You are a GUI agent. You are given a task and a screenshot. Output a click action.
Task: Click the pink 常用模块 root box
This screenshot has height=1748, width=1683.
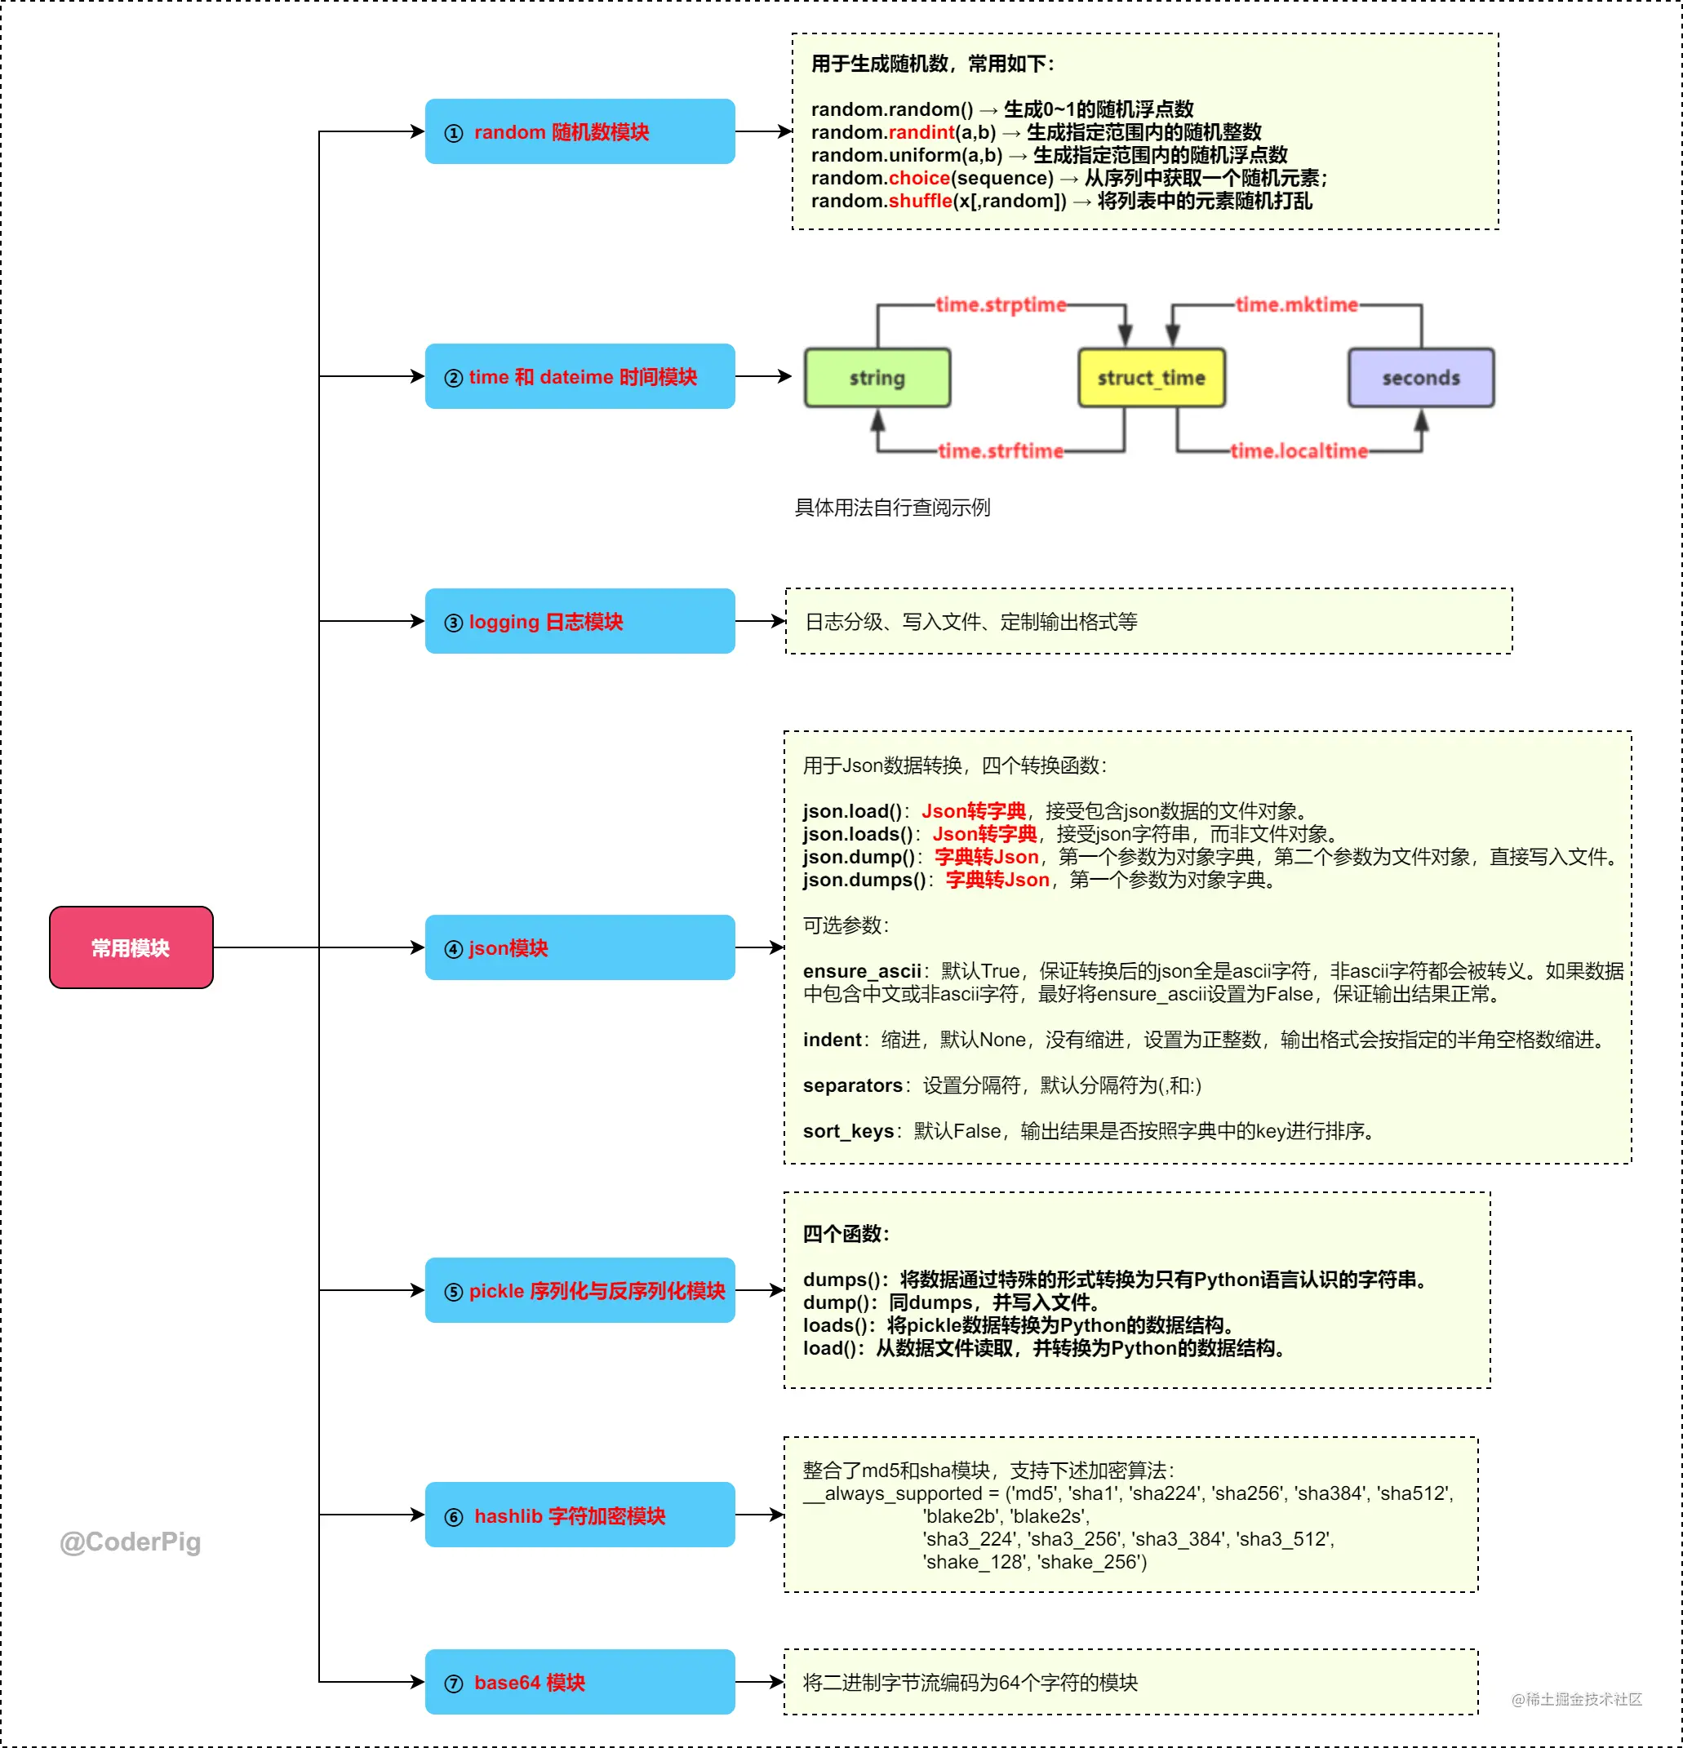tap(131, 947)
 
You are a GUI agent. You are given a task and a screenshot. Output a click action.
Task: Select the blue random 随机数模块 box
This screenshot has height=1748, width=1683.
tap(580, 131)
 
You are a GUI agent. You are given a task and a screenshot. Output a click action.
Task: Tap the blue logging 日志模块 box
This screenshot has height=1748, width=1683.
tap(580, 621)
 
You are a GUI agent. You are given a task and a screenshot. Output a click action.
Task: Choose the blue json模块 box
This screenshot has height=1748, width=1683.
tap(580, 947)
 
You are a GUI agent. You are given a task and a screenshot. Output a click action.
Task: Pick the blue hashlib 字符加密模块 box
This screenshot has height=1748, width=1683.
tap(580, 1515)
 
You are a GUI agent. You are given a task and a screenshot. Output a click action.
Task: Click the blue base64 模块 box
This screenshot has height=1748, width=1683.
tap(580, 1681)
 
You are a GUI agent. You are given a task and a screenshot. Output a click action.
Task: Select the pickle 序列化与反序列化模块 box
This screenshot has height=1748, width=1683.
tap(580, 1289)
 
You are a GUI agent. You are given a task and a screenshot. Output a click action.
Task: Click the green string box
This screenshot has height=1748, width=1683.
tap(877, 378)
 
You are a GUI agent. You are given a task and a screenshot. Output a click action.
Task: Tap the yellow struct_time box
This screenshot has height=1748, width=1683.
tap(1152, 378)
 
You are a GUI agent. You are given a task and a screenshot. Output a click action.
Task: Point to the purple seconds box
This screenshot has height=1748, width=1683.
tap(1421, 378)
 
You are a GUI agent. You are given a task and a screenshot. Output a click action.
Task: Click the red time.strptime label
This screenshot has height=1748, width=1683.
tap(1001, 305)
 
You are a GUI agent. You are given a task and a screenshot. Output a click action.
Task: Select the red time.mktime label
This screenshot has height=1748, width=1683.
tap(1297, 305)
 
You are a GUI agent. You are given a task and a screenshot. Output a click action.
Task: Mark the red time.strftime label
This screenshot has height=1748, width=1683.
tap(1001, 451)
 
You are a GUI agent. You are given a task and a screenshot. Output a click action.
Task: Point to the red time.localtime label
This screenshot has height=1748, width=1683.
tap(1299, 451)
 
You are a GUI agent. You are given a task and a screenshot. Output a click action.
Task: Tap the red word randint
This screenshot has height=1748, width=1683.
tap(921, 132)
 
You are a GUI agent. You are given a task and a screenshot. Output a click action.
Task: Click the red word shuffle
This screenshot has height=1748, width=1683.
tap(921, 201)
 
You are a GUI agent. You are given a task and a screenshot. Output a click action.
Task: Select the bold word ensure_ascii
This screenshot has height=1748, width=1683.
tap(862, 971)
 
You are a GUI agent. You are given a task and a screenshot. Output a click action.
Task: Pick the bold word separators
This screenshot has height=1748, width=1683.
tap(853, 1085)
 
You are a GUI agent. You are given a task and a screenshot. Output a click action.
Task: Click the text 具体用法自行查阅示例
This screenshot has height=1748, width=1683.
tap(893, 508)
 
